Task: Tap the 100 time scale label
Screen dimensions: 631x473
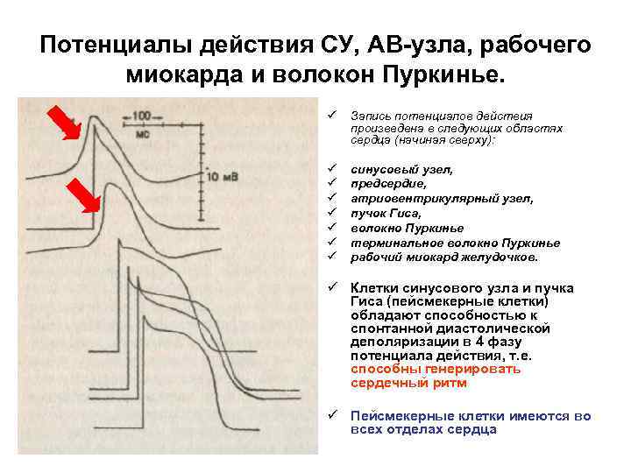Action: point(139,115)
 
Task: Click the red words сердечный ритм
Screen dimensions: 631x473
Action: point(408,383)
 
